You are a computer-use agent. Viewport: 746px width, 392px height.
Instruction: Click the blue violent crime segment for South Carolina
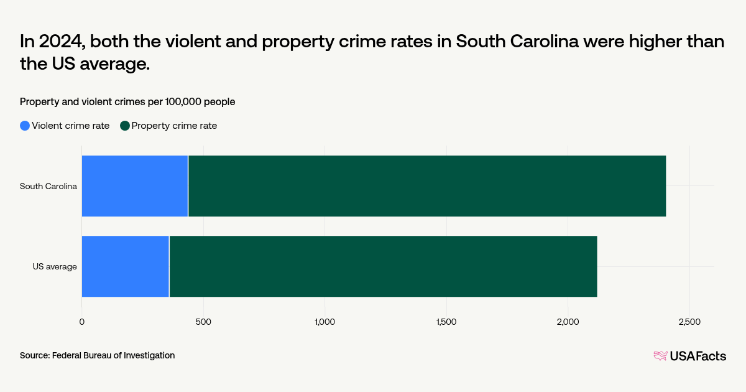134,186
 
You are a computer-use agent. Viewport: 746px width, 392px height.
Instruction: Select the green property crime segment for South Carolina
426,186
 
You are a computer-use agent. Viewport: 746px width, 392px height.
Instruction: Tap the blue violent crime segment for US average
125,266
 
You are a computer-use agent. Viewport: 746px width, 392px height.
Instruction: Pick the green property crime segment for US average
383,266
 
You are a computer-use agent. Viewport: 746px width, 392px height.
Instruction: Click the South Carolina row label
48,186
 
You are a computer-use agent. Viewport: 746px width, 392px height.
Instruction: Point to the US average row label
55,266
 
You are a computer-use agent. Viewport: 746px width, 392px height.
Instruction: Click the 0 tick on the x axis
81,322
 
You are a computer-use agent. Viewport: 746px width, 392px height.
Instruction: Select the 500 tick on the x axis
203,322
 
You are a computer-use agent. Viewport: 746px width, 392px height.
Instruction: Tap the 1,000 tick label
325,322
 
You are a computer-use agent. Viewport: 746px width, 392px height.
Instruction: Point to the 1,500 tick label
446,322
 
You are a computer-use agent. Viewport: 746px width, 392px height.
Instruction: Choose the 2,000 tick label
568,322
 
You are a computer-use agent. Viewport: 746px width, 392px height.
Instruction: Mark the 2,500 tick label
689,322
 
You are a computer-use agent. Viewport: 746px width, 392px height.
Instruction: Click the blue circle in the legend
25,126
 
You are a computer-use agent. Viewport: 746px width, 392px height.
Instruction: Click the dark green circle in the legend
125,126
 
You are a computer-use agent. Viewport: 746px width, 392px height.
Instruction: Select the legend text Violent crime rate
70,126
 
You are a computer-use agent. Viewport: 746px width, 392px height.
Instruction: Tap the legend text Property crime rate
174,126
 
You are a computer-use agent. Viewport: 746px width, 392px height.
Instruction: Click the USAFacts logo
689,356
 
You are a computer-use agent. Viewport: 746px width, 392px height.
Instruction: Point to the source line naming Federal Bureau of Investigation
97,355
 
